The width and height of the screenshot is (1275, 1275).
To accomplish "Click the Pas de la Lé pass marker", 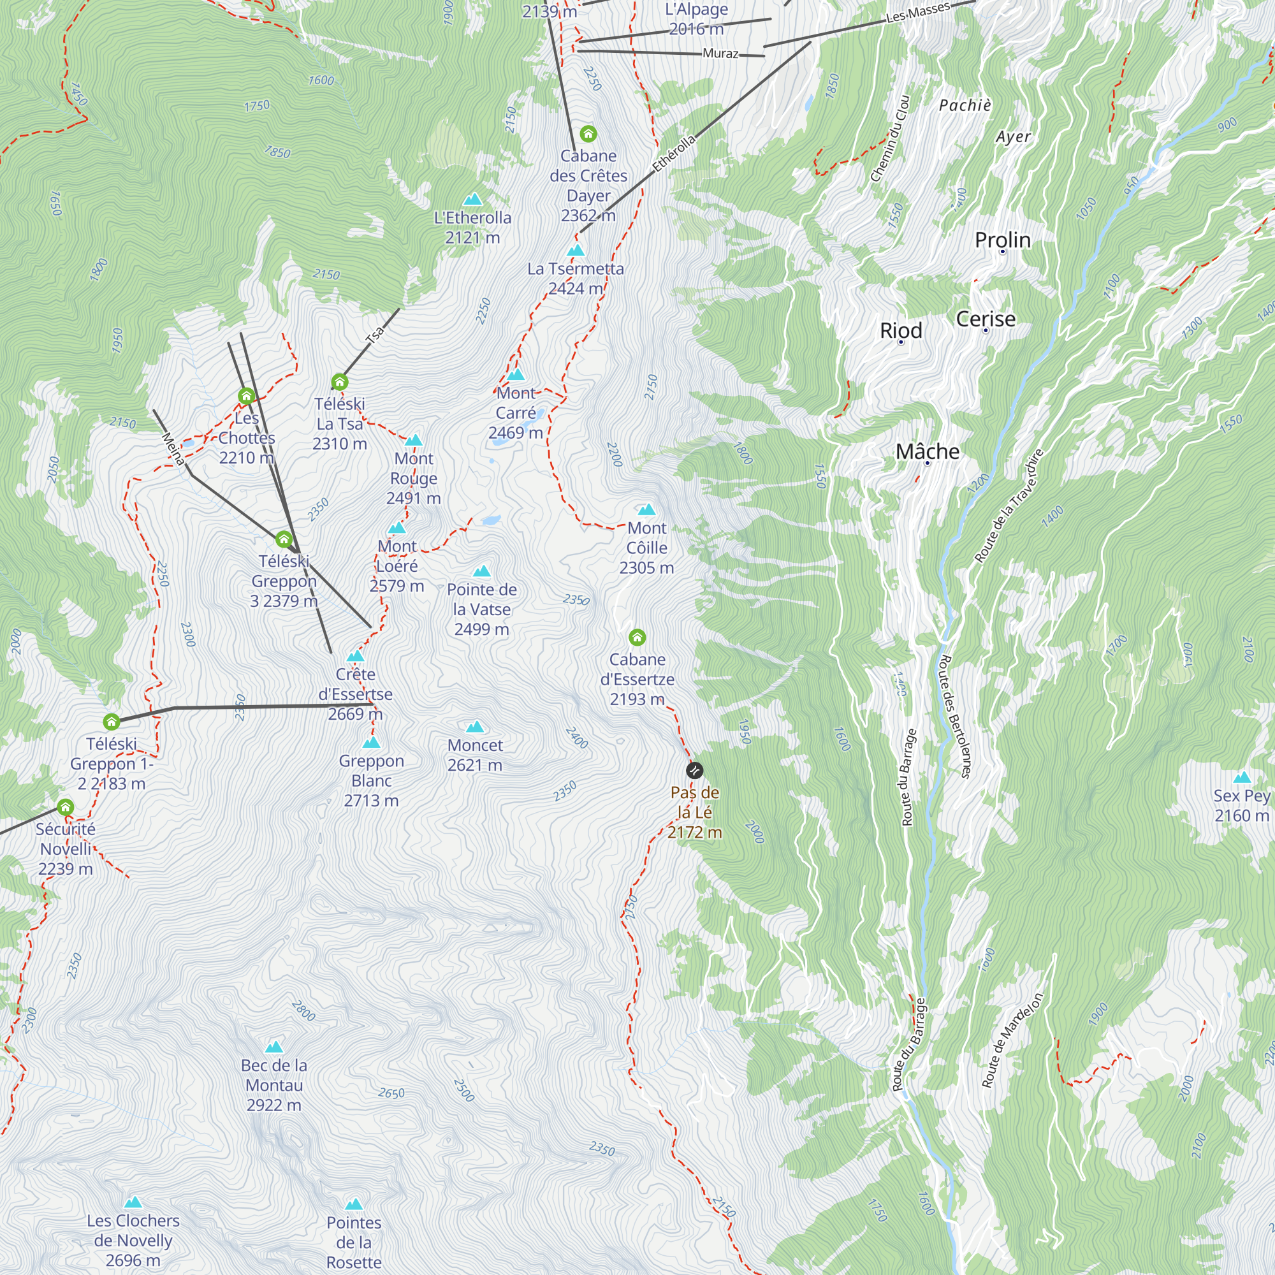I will click(694, 770).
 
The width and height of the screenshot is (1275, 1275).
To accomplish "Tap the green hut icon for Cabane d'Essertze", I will click(637, 637).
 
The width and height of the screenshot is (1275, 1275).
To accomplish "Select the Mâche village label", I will click(927, 451).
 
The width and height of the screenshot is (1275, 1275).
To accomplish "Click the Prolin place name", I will click(1002, 240).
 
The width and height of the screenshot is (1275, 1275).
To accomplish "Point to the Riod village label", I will click(901, 330).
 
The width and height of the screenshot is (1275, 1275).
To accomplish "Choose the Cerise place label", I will click(986, 319).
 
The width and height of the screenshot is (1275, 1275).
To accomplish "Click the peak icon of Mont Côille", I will click(646, 509).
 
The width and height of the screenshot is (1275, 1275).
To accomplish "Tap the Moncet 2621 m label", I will click(474, 755).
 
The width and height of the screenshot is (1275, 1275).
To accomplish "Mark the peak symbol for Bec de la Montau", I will click(274, 1047).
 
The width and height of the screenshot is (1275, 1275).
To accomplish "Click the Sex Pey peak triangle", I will click(1241, 777).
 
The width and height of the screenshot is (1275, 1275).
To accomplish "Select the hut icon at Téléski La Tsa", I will click(339, 381).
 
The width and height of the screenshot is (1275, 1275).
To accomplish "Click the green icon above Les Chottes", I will click(246, 396).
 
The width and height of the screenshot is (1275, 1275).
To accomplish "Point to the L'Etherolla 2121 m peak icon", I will click(472, 200).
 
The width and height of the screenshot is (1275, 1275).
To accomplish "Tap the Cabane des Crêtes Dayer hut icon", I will click(588, 134).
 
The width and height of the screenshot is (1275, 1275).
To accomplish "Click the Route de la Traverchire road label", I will click(1009, 506).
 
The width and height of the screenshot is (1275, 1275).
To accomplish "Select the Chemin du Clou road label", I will click(889, 139).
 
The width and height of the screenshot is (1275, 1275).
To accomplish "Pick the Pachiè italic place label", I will click(965, 106).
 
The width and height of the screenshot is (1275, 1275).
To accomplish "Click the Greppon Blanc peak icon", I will click(372, 743).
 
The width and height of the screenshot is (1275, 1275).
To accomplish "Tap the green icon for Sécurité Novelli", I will click(64, 807).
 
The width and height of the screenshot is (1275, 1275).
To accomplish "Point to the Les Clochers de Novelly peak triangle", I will click(133, 1202).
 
